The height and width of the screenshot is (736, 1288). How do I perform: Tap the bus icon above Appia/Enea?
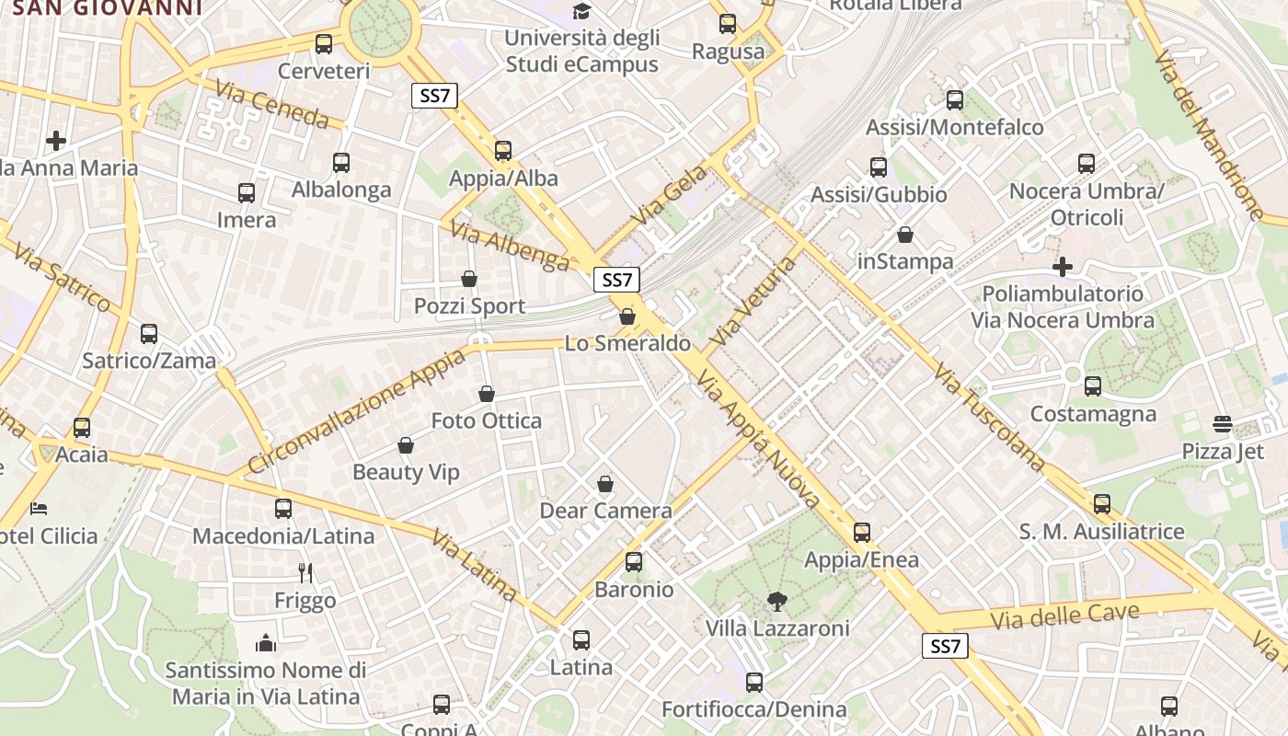862,533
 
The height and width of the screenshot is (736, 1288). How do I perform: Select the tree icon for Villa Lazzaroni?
777,602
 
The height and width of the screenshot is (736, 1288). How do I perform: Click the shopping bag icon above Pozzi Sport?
469,279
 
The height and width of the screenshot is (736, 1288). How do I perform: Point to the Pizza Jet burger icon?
1223,424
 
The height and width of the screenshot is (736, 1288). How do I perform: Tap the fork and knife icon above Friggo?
305,573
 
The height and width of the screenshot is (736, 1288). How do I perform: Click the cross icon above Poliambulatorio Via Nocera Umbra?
1063,267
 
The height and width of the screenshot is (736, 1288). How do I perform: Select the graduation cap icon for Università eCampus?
581,11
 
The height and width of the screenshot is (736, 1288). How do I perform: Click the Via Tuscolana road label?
989,417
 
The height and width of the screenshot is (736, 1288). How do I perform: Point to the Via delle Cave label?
1064,615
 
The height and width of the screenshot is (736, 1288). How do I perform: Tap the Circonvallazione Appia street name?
357,410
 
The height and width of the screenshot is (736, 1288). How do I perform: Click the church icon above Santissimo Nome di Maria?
266,642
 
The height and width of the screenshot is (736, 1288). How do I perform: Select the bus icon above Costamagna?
1093,386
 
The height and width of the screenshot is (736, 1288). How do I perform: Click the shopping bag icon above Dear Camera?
605,484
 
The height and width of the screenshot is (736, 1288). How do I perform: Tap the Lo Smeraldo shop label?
627,343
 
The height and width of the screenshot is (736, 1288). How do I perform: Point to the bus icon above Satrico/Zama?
149,333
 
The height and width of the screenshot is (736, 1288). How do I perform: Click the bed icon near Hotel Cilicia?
39,508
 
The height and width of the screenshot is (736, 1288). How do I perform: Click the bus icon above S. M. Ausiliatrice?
1102,504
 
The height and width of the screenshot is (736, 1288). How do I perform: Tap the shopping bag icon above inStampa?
905,235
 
